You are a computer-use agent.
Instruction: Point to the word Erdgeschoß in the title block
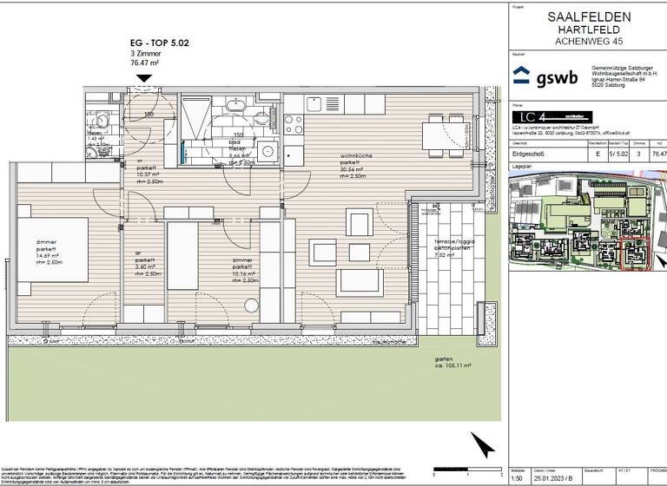pos(528,154)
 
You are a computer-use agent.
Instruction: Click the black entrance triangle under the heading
pos(144,78)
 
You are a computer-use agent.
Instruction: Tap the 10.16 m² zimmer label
pos(244,269)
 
